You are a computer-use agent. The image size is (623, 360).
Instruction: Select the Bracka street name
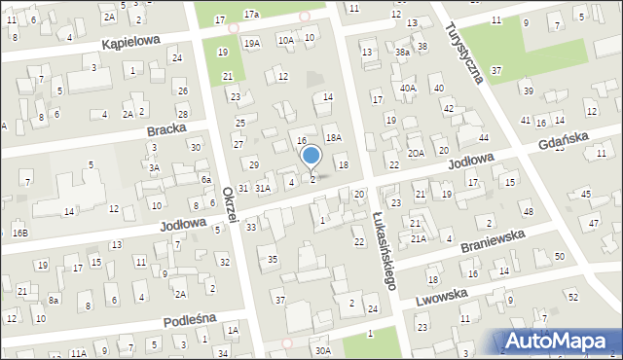pyautogui.click(x=165, y=130)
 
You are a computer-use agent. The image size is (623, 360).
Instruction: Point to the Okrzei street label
pyautogui.click(x=229, y=204)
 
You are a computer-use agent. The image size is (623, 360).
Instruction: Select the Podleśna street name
pyautogui.click(x=189, y=319)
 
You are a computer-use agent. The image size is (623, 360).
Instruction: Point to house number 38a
pyautogui.click(x=402, y=52)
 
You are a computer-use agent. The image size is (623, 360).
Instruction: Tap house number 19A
pyautogui.click(x=252, y=44)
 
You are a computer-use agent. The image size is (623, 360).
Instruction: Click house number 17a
pyautogui.click(x=251, y=15)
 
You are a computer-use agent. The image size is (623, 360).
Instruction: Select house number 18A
pyautogui.click(x=333, y=138)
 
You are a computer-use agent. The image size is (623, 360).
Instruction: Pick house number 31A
pyautogui.click(x=263, y=188)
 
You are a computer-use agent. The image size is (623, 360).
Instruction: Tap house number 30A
pyautogui.click(x=323, y=350)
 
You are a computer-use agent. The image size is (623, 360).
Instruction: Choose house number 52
pyautogui.click(x=572, y=296)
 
